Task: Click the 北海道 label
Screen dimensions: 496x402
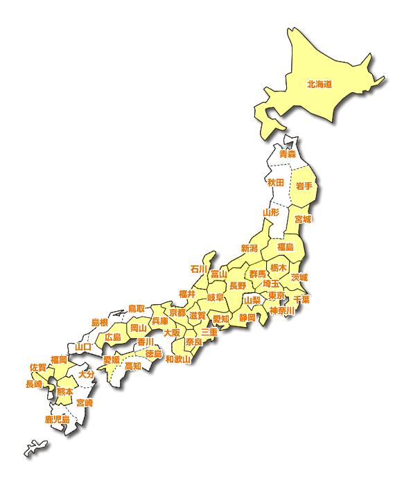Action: point(320,85)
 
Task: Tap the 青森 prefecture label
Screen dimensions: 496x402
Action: point(287,154)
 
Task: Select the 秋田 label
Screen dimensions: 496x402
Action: point(276,182)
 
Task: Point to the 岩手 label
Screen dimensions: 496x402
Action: point(304,186)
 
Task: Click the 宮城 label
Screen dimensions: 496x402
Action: point(303,219)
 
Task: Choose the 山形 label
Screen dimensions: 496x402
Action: point(271,212)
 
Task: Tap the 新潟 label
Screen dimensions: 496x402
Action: point(250,248)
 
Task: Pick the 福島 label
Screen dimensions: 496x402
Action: point(286,247)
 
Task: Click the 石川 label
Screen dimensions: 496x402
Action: point(199,269)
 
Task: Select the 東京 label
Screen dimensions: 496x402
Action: point(276,296)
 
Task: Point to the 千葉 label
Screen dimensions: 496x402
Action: point(301,299)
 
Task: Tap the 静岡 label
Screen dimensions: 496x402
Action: point(247,317)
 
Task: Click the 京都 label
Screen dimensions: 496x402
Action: point(178,313)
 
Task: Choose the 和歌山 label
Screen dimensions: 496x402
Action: point(178,359)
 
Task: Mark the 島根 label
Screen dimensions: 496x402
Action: point(100,323)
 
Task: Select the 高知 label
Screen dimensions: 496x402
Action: point(133,366)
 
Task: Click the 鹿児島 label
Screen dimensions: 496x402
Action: point(58,419)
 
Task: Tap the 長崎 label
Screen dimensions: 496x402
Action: point(34,384)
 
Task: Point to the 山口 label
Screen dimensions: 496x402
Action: point(84,346)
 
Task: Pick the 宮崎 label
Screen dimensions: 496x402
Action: point(85,402)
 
